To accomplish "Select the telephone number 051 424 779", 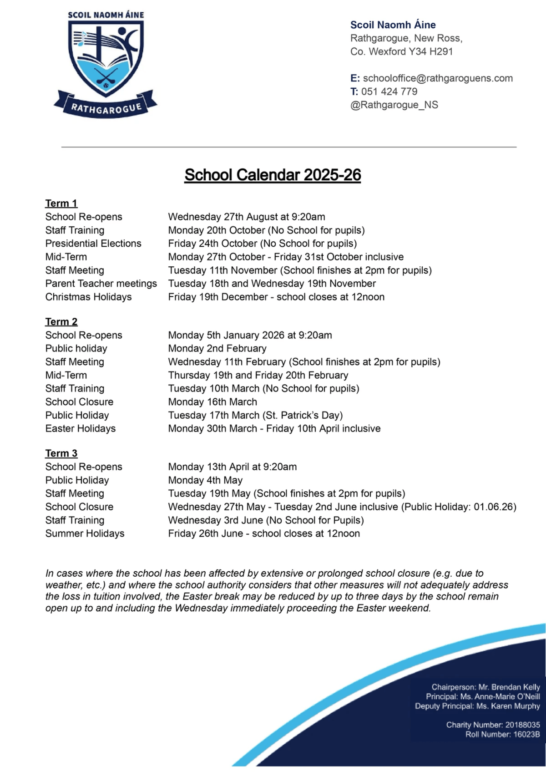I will pos(389,91).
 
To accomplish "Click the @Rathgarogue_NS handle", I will pos(394,105).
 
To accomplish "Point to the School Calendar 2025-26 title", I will pos(273,175).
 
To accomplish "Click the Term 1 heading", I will pos(61,203).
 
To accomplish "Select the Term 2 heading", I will pos(61,322).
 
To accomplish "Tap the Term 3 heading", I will pos(61,453).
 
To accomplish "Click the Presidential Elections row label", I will pos(93,244).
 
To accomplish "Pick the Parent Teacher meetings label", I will pos(101,284).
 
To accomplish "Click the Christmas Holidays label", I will pos(88,297).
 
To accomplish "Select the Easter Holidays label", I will pos(81,428).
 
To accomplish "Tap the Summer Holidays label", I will pos(85,533).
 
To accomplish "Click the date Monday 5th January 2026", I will pos(226,335).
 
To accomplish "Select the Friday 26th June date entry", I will pos(206,533).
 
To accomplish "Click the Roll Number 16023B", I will pos(526,734).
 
